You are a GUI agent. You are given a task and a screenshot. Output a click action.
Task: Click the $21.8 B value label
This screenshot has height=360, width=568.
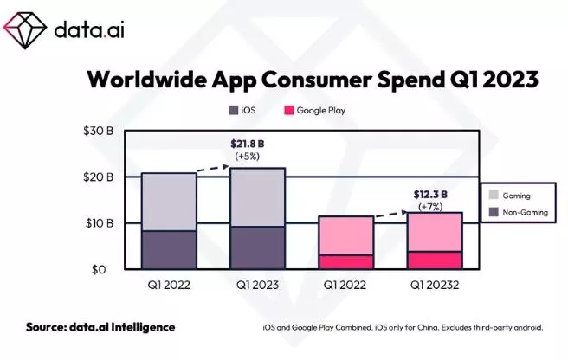pyautogui.click(x=248, y=142)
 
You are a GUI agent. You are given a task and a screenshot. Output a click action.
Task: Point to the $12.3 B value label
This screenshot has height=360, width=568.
pyautogui.click(x=430, y=195)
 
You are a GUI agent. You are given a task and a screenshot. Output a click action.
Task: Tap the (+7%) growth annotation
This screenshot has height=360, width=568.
pyautogui.click(x=430, y=207)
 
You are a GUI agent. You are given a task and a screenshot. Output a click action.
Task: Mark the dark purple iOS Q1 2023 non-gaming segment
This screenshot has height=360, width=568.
pyautogui.click(x=257, y=247)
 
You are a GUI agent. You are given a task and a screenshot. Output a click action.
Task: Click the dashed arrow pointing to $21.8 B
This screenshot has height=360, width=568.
pyautogui.click(x=213, y=168)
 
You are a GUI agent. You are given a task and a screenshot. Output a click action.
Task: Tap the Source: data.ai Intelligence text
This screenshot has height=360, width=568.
pyautogui.click(x=100, y=327)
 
